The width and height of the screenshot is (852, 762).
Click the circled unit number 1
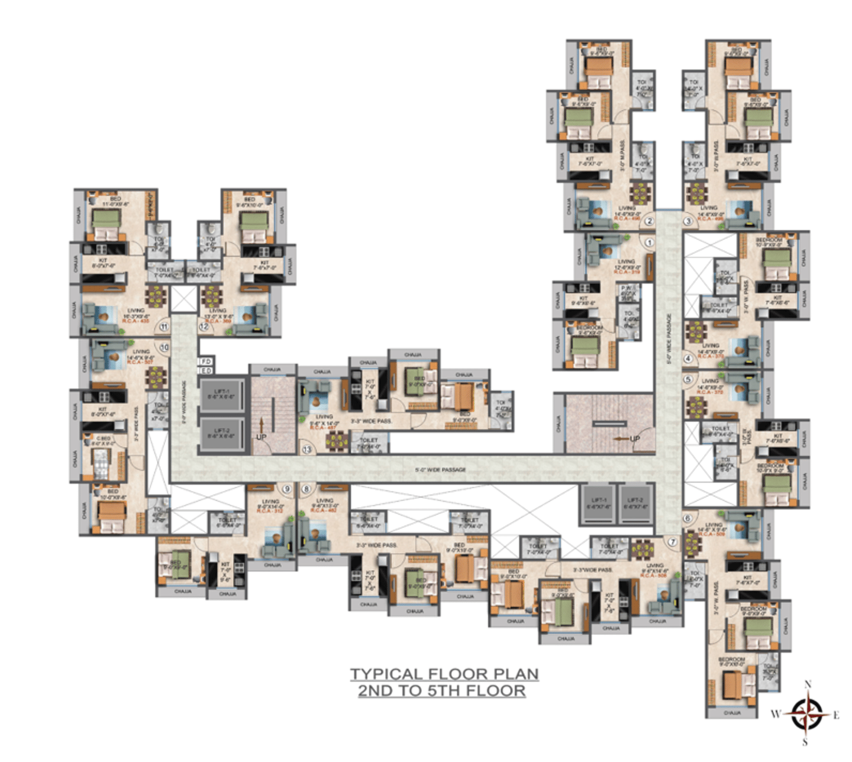click(649, 243)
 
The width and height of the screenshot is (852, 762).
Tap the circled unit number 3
click(688, 221)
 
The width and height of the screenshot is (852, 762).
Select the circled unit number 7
click(672, 542)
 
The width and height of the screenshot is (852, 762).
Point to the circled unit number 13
click(306, 450)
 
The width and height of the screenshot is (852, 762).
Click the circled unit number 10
click(164, 348)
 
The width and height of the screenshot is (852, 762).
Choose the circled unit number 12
click(204, 327)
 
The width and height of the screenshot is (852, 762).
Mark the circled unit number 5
click(688, 380)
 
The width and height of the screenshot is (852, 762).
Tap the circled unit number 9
click(287, 489)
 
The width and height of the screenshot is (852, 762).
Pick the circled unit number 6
click(687, 519)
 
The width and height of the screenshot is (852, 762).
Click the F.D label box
click(206, 361)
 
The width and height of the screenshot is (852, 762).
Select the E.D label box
click(206, 371)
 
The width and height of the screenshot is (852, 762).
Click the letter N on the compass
click(808, 684)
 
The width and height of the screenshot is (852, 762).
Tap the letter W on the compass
click(775, 714)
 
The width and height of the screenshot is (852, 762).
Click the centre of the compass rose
click(806, 713)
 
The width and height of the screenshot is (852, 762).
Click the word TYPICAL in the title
click(386, 674)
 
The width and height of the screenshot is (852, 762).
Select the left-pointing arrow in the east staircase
click(621, 439)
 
